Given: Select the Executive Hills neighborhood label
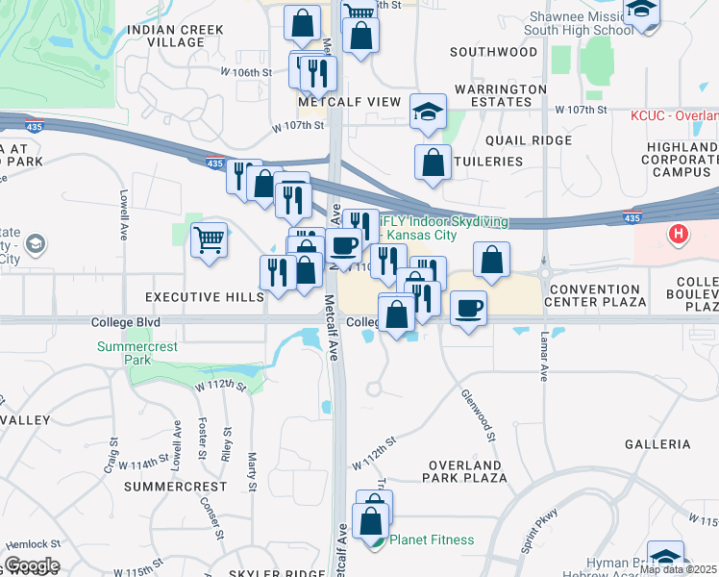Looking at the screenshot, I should [205, 298].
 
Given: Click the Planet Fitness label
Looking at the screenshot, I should [431, 539].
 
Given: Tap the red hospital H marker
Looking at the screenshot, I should [680, 234].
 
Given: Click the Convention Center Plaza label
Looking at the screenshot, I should [596, 295].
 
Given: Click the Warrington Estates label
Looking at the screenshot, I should [500, 96].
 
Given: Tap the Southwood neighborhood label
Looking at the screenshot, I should [493, 51].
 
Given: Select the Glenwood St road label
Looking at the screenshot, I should [478, 414].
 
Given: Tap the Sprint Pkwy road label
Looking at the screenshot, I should [539, 533].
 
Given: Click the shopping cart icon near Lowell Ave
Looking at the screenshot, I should [209, 238].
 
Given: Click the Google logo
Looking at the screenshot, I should [32, 565].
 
